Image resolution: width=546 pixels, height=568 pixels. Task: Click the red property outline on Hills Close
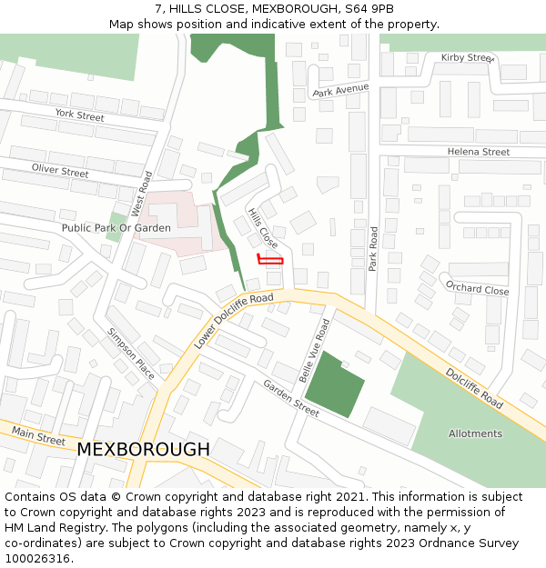270,261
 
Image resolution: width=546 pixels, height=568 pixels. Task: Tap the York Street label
79,115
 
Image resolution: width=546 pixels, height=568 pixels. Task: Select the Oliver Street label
60,170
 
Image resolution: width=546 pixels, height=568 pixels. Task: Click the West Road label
139,194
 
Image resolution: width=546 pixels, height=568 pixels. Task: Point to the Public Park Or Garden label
116,228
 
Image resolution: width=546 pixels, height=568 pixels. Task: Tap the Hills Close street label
263,228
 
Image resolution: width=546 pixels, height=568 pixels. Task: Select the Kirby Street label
466,57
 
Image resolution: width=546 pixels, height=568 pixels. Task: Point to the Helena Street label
479,152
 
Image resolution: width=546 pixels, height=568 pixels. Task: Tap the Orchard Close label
478,287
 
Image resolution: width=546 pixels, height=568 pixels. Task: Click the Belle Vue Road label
313,351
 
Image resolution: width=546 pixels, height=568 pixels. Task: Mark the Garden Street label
291,398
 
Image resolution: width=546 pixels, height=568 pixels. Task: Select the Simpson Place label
131,354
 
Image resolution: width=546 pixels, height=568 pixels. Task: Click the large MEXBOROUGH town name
143,450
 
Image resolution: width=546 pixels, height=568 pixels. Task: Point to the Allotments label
475,433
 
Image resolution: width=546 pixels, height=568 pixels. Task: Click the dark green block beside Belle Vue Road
333,386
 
